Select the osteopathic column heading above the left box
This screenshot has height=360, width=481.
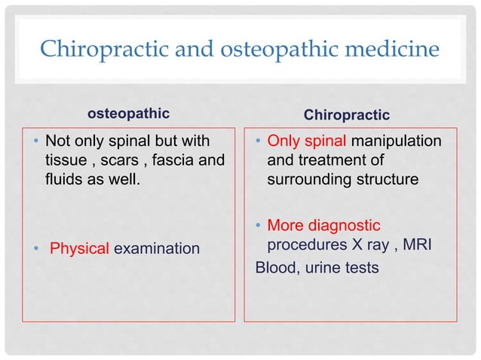click(x=128, y=114)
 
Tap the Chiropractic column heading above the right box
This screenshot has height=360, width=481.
click(x=346, y=115)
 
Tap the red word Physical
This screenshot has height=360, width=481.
click(x=79, y=247)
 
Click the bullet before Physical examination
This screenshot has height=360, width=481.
click(x=36, y=247)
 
